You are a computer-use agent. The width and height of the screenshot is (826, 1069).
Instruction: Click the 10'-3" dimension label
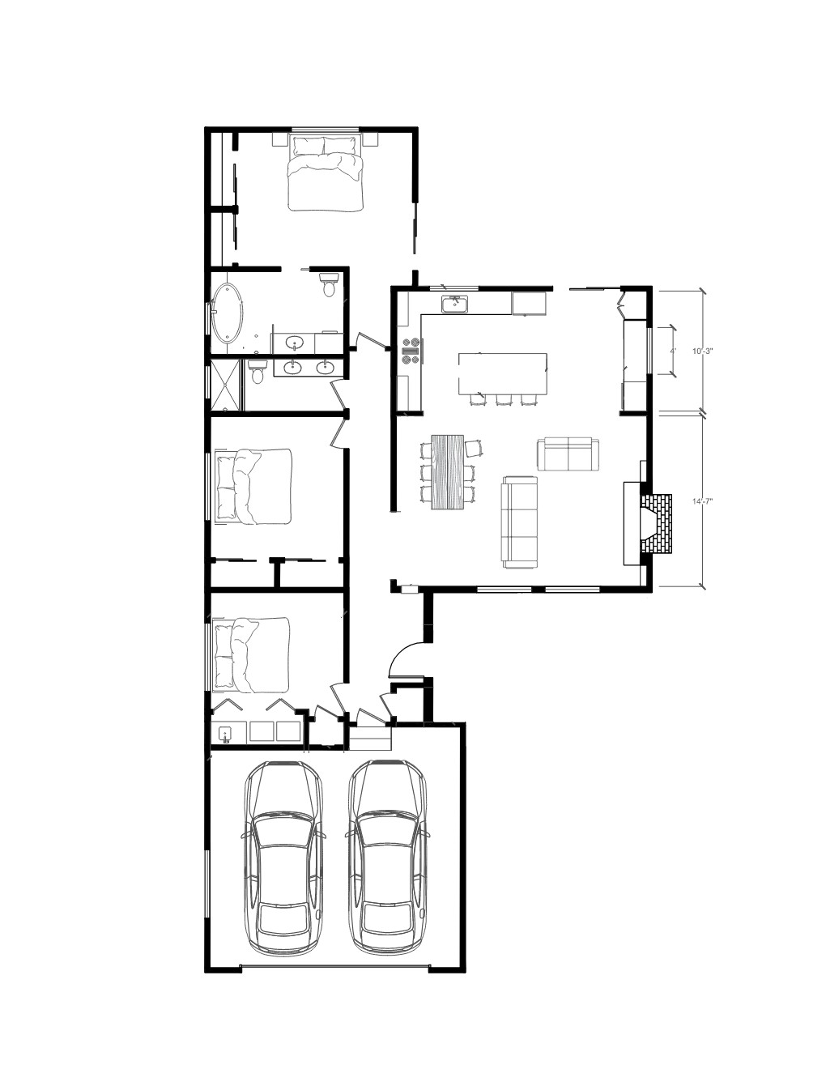tap(703, 351)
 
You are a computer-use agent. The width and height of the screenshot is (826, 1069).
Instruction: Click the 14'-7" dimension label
tap(703, 501)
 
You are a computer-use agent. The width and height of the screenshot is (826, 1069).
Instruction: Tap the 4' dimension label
tap(674, 351)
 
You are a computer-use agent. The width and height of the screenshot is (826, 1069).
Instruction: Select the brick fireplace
tap(655, 524)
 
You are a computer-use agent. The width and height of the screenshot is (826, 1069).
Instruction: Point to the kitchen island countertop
tap(503, 373)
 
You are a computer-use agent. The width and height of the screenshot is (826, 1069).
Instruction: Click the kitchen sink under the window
tap(454, 304)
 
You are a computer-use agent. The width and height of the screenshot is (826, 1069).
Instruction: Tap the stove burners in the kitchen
tap(411, 351)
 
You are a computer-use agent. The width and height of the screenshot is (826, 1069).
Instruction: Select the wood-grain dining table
tap(448, 471)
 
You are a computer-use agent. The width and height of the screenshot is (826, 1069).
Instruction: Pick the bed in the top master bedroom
tap(326, 173)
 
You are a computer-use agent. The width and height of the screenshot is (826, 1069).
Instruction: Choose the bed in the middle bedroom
tap(253, 487)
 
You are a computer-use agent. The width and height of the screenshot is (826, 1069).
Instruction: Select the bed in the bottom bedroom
tap(252, 655)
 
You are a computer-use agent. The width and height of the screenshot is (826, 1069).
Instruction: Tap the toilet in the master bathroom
tap(328, 285)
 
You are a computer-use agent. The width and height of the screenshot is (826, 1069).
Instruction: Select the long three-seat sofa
tap(519, 522)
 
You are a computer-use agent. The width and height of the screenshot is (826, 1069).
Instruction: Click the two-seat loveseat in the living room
tap(568, 454)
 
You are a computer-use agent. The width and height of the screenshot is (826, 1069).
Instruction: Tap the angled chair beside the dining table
tap(474, 448)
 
